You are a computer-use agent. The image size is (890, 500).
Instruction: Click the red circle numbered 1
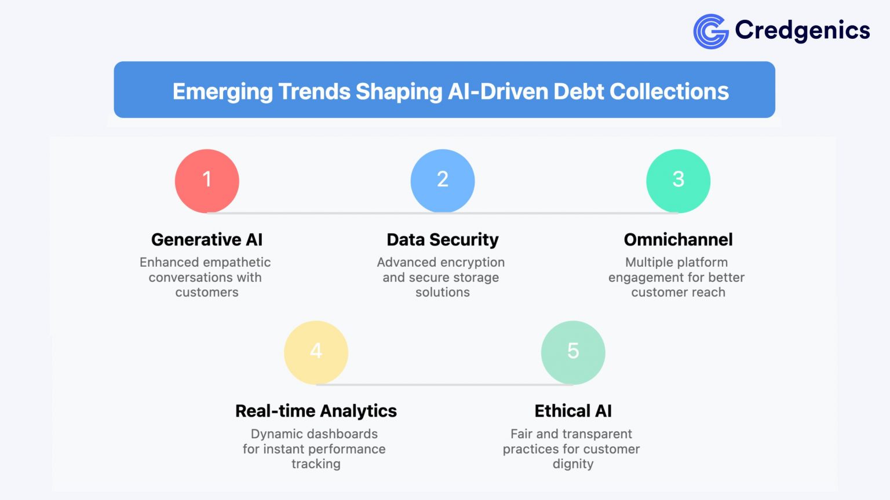tap(207, 181)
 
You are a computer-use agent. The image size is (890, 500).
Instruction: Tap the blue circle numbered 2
tap(443, 181)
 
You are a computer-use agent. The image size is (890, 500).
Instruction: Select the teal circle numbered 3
tap(678, 181)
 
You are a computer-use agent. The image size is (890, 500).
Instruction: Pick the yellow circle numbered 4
tap(316, 352)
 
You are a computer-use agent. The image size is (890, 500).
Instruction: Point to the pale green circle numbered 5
tap(573, 352)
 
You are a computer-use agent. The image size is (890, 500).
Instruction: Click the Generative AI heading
tap(207, 240)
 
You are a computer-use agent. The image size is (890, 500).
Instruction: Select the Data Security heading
tap(443, 240)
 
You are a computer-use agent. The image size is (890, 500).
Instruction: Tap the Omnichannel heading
tap(678, 240)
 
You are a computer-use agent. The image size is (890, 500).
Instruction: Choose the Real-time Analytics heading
tap(316, 411)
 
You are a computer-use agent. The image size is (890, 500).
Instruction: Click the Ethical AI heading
tap(573, 411)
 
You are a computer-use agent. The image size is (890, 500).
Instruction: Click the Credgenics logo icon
tap(710, 31)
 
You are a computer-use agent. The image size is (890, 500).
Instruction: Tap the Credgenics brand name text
tap(802, 30)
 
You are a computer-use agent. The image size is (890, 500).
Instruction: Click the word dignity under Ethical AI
tap(573, 464)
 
